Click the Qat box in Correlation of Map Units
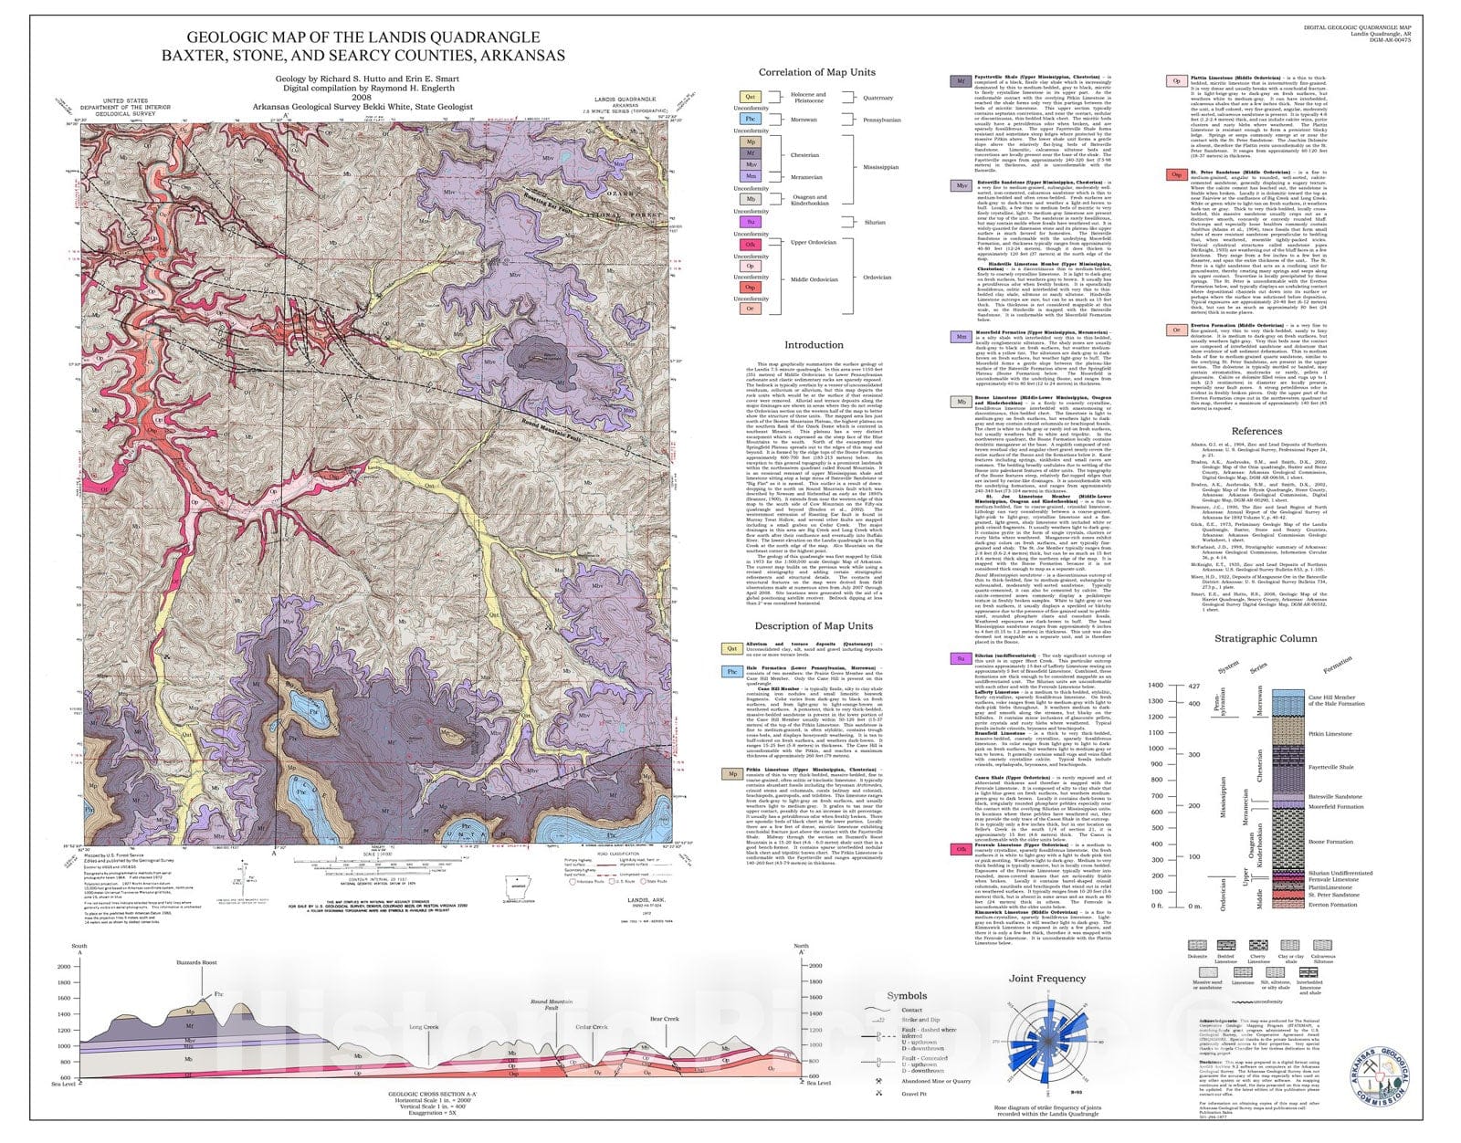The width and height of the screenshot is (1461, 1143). [750, 97]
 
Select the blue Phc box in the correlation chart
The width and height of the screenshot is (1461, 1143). [750, 119]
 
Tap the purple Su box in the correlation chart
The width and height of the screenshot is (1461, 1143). [750, 222]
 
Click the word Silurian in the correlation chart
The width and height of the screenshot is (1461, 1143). [875, 222]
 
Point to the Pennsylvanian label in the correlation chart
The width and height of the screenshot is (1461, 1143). [883, 120]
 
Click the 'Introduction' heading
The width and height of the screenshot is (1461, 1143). [814, 345]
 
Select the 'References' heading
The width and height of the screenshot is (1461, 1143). [1256, 431]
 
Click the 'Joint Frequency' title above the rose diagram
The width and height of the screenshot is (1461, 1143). [1047, 979]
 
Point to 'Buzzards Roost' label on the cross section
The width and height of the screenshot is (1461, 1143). [196, 963]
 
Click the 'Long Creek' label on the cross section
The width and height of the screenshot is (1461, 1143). [424, 1027]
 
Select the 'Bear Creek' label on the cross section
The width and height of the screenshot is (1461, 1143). [664, 1019]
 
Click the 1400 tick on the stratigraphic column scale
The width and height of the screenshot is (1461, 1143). [1155, 685]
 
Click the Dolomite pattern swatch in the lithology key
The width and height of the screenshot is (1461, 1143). [1196, 947]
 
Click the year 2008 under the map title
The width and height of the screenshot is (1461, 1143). [362, 96]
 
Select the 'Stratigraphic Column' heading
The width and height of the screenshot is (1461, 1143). [1266, 638]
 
